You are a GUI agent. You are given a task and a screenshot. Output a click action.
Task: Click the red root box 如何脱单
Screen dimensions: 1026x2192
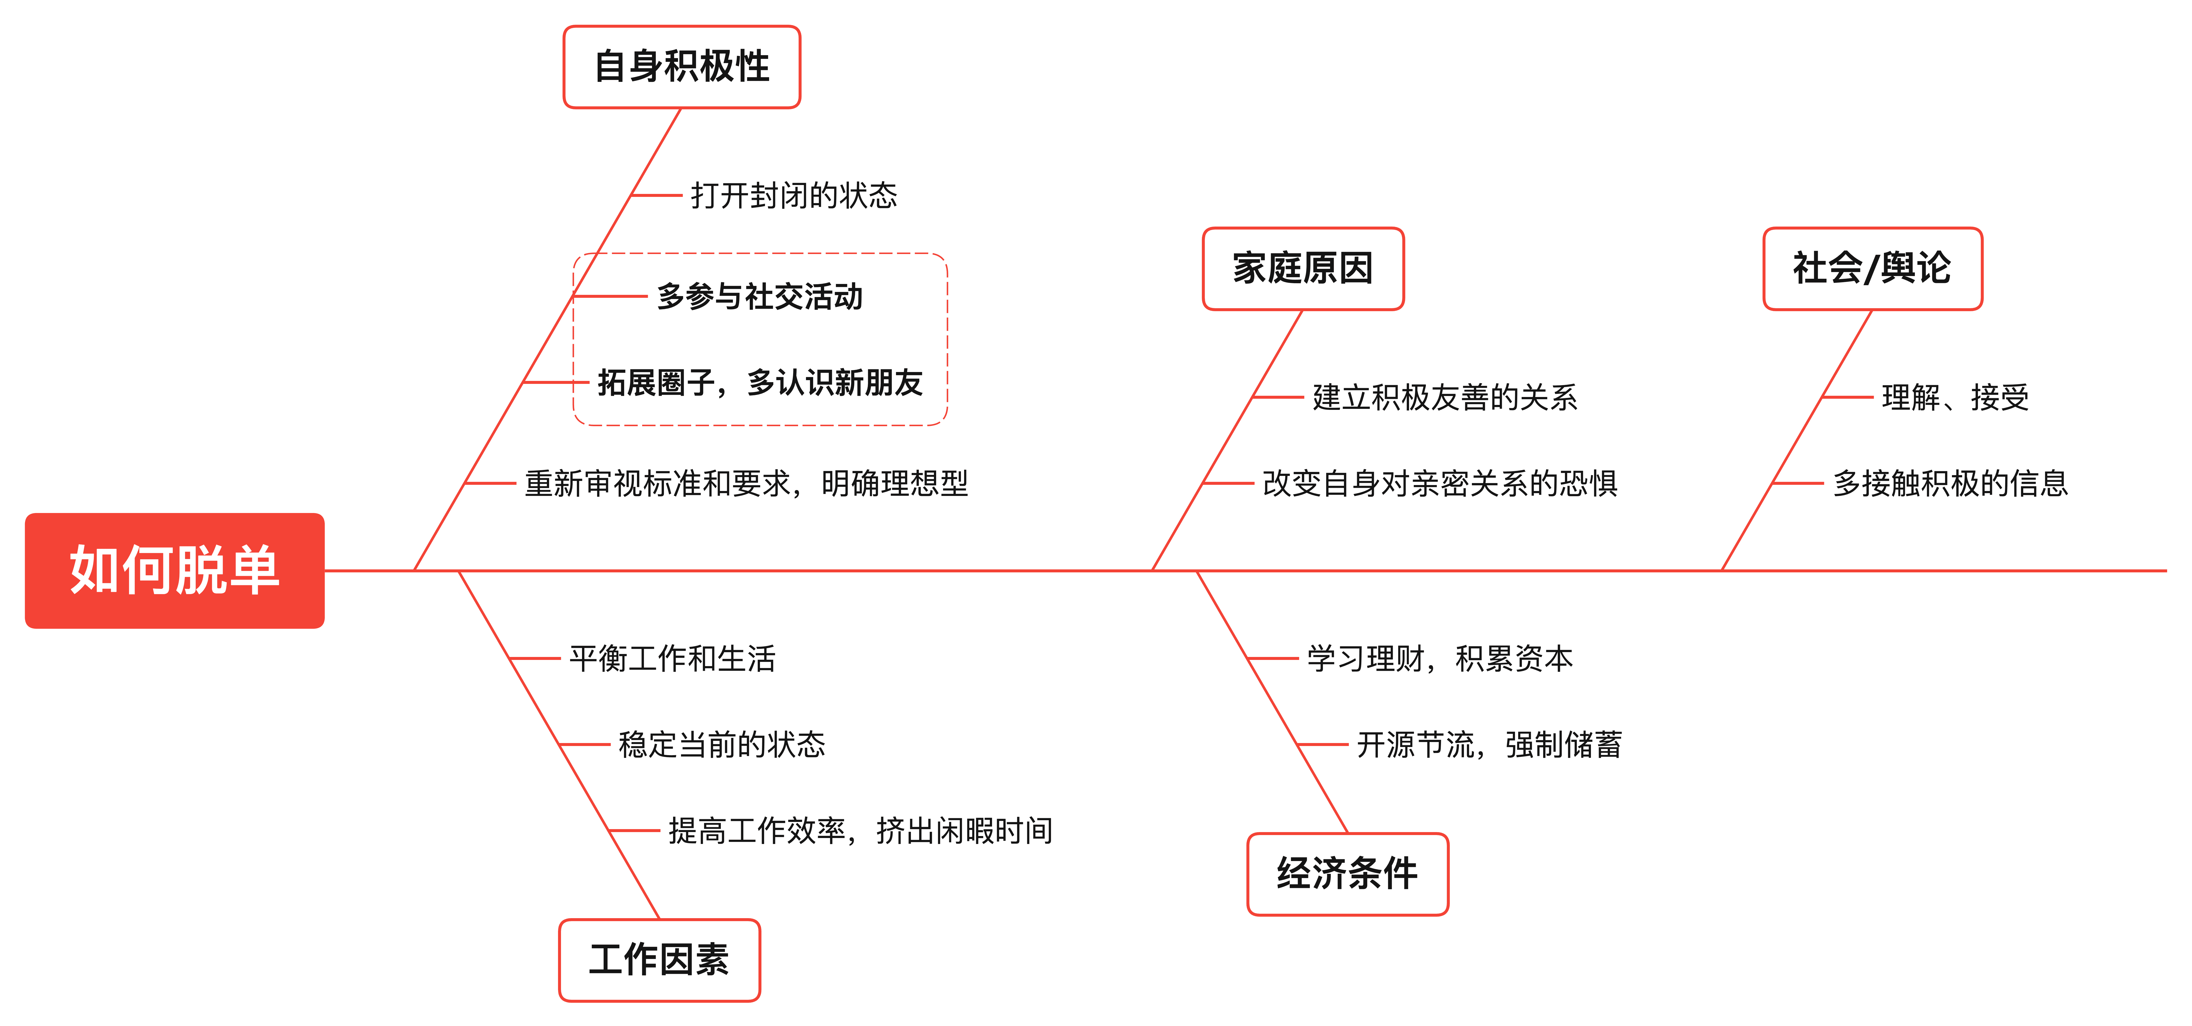tap(174, 570)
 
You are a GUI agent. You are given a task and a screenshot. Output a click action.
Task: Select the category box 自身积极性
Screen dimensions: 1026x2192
tap(682, 66)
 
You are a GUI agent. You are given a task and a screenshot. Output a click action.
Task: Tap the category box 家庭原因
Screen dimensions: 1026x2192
tap(1303, 268)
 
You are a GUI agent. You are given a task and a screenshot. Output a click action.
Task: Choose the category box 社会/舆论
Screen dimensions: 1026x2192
tap(1872, 268)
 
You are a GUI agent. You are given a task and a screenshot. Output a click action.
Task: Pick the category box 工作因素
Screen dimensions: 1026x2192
tap(659, 960)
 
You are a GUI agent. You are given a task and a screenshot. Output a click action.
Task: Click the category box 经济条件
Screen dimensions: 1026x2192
tap(1347, 874)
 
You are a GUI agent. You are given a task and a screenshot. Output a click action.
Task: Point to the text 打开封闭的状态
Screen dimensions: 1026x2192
tap(793, 195)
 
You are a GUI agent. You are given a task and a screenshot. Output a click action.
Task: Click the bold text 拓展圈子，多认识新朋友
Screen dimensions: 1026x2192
tap(760, 382)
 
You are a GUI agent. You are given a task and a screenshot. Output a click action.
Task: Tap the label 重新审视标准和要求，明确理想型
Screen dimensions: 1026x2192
tap(746, 483)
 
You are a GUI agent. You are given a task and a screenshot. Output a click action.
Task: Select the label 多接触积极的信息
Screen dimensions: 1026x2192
tap(1949, 483)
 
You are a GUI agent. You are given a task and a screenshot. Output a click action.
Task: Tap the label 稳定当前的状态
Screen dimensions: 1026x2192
tap(722, 745)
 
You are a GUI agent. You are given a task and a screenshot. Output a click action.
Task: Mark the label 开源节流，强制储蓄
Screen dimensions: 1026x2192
tap(1489, 745)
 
